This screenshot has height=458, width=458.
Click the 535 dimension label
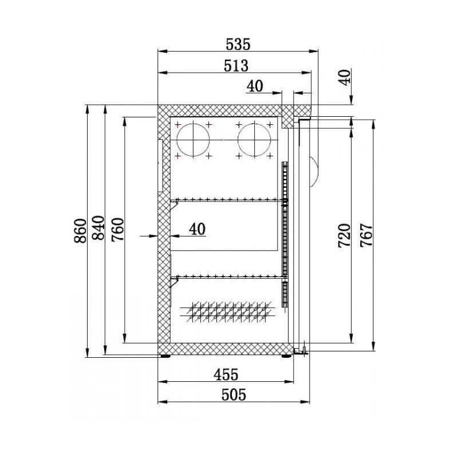point(238,45)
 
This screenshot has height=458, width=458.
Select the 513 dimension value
point(236,66)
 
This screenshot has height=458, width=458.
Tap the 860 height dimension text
point(81,231)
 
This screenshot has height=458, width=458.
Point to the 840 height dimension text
point(98,227)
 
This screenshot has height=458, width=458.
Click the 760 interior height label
point(118,230)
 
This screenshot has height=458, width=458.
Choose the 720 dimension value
point(344,236)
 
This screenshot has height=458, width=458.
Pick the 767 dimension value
point(366,235)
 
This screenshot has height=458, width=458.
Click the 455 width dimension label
point(226,374)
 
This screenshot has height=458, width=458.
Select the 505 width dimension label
point(234,395)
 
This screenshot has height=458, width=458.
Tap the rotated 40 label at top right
point(345,77)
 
